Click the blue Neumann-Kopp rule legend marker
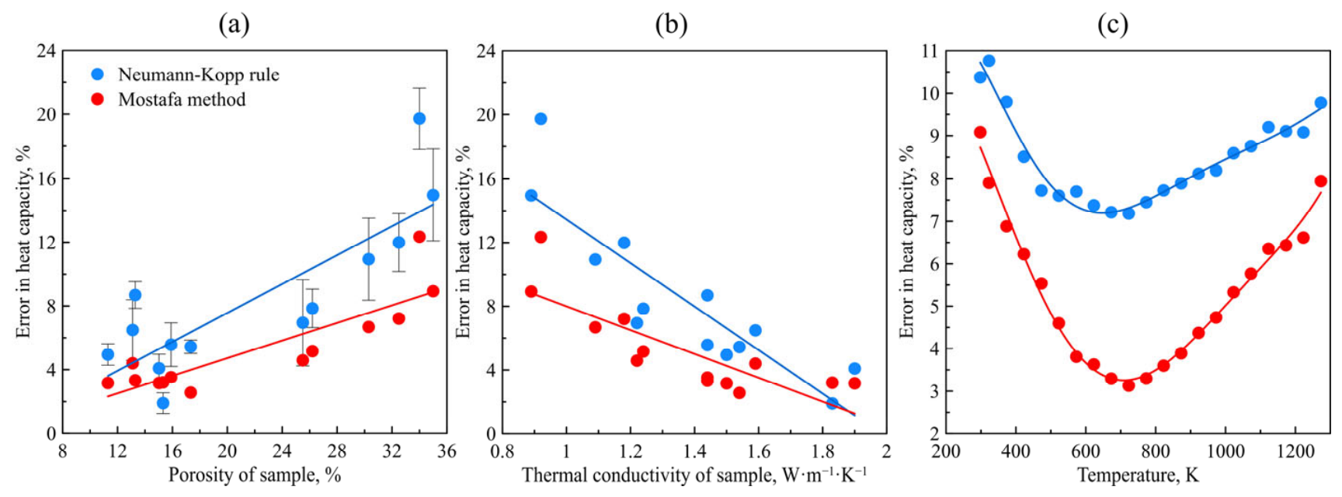(97, 75)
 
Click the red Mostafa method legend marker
(97, 99)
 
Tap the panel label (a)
(234, 25)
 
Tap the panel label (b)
(671, 25)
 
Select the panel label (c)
(1112, 25)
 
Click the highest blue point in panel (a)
(419, 119)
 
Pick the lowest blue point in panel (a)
(163, 403)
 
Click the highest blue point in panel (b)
(541, 119)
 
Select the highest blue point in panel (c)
(989, 61)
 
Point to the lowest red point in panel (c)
(1128, 385)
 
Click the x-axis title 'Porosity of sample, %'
(255, 475)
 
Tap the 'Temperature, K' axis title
(1138, 475)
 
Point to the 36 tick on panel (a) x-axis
(447, 451)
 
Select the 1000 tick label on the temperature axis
(1226, 451)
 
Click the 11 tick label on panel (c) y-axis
(930, 51)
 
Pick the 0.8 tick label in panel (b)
(502, 451)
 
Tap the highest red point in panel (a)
(419, 237)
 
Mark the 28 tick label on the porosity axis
(337, 451)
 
